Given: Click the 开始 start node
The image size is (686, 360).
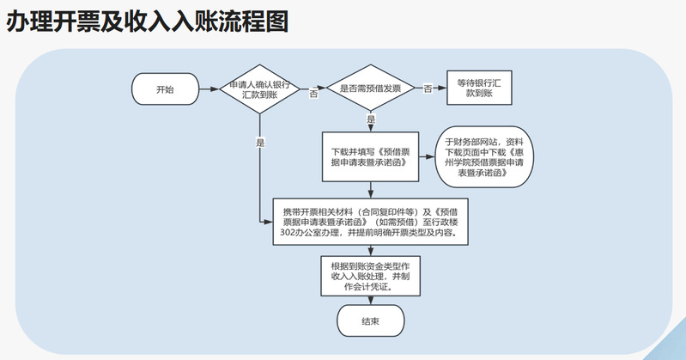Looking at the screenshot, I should (x=164, y=88).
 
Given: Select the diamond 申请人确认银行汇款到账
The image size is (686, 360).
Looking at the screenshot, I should (x=259, y=88).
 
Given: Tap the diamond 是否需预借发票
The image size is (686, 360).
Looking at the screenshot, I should (x=370, y=88).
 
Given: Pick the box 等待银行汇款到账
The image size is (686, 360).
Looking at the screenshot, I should (x=479, y=88).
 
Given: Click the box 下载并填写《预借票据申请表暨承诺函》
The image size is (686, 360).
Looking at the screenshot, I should (x=370, y=156).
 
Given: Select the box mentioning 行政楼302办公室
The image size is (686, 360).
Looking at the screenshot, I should (x=370, y=221).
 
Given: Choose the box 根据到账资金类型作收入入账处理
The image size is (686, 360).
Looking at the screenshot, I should (x=370, y=276).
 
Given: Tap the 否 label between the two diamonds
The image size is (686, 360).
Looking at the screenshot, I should (x=313, y=95).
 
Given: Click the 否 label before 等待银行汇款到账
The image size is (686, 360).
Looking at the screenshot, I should (x=427, y=88).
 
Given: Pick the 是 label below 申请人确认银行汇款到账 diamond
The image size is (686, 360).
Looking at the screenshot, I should (x=259, y=142).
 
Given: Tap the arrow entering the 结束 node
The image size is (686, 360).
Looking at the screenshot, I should (x=370, y=302).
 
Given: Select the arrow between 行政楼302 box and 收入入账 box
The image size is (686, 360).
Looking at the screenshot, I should (x=370, y=250).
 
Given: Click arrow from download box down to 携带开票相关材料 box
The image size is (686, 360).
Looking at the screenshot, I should (x=370, y=190).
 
